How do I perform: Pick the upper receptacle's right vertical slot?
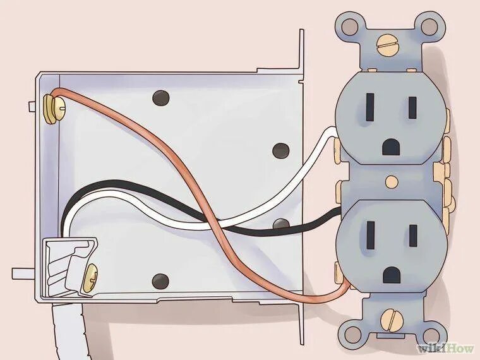[412, 107]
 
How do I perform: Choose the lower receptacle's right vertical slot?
[412, 236]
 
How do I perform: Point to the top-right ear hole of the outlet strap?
[430, 27]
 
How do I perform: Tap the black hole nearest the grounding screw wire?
[162, 98]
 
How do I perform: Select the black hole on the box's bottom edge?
[162, 280]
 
